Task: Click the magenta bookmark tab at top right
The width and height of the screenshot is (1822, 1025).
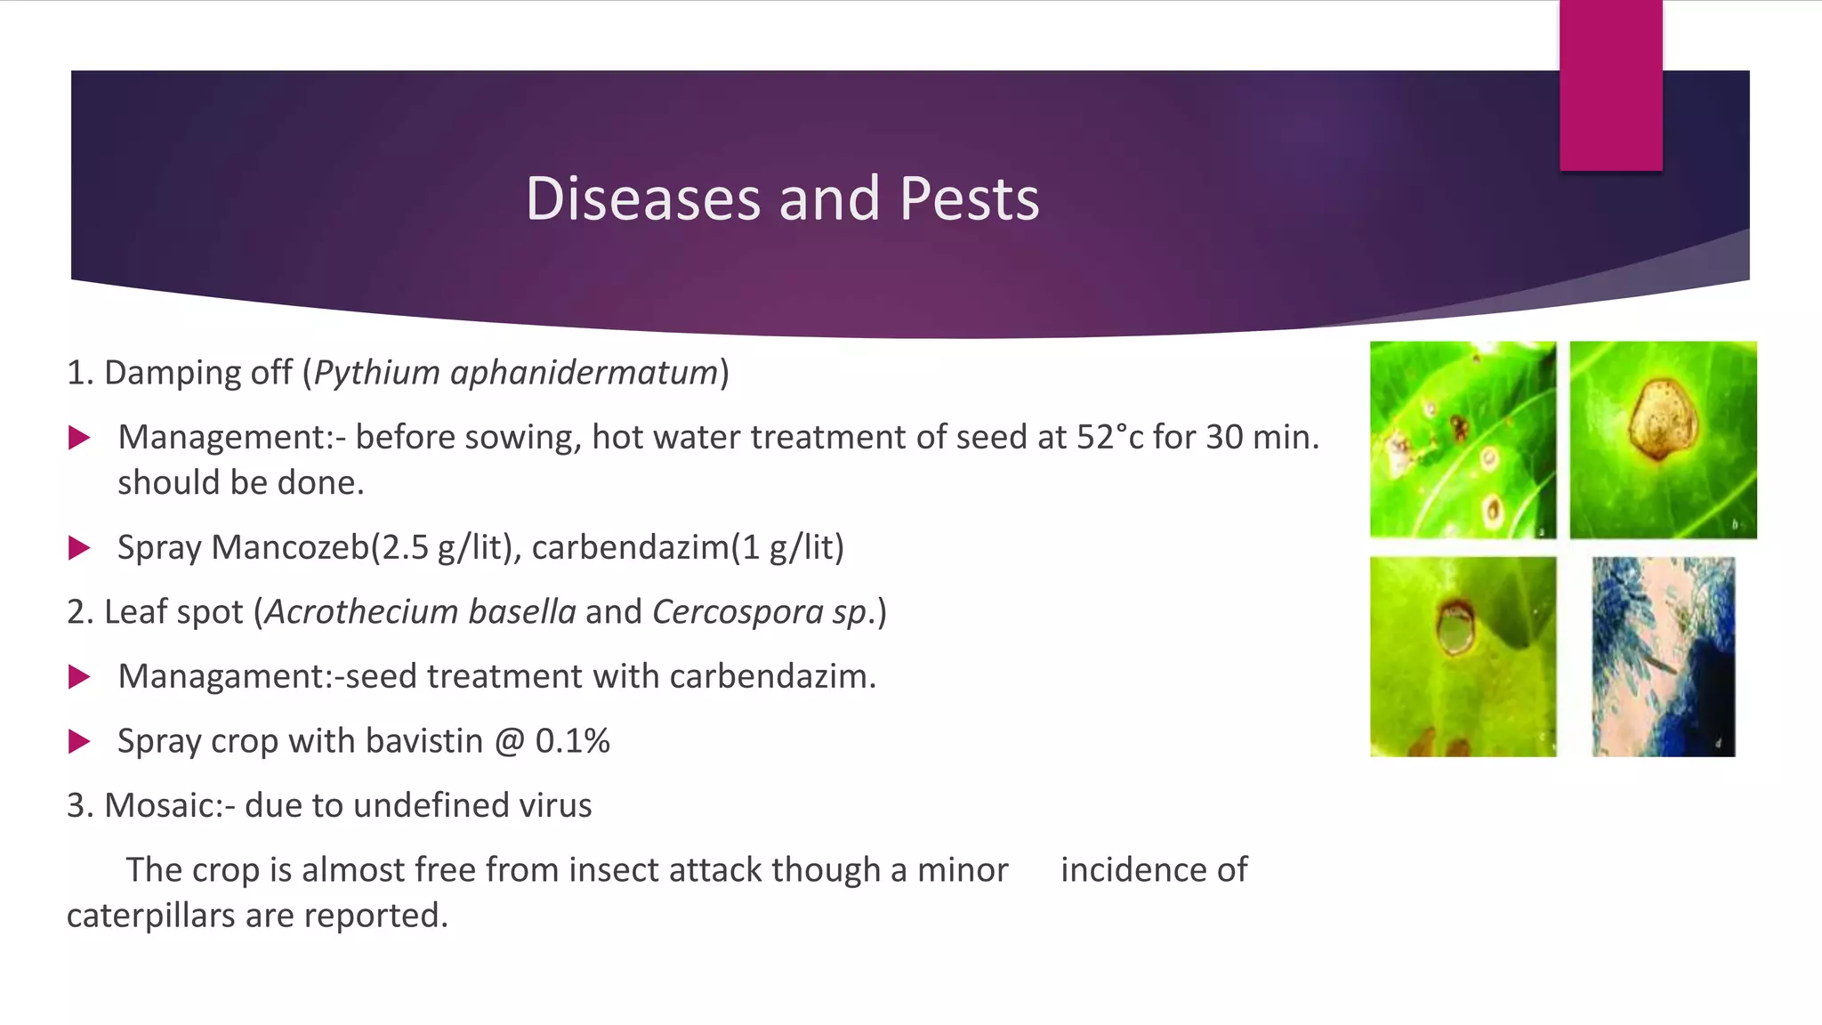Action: [x=1610, y=85]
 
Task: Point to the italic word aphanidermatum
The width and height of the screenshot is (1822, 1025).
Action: [x=584, y=373]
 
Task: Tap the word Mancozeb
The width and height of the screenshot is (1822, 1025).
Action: [x=290, y=546]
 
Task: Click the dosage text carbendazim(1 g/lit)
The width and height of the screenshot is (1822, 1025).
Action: [x=688, y=547]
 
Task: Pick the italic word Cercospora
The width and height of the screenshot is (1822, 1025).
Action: [x=738, y=613]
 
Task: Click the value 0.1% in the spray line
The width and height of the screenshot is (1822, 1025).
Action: [x=572, y=741]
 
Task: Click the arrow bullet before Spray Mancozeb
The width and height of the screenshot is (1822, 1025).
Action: [x=79, y=547]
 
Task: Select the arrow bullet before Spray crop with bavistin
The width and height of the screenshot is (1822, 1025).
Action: [x=79, y=741]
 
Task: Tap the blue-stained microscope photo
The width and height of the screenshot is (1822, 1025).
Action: [x=1663, y=657]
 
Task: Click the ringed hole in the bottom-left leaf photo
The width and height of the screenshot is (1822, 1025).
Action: [x=1455, y=628]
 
